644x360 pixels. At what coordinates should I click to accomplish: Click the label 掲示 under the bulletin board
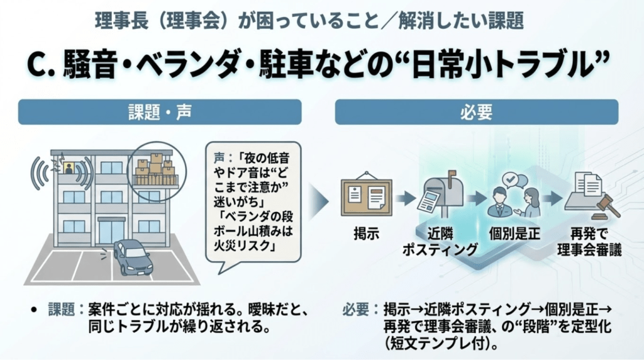366,234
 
